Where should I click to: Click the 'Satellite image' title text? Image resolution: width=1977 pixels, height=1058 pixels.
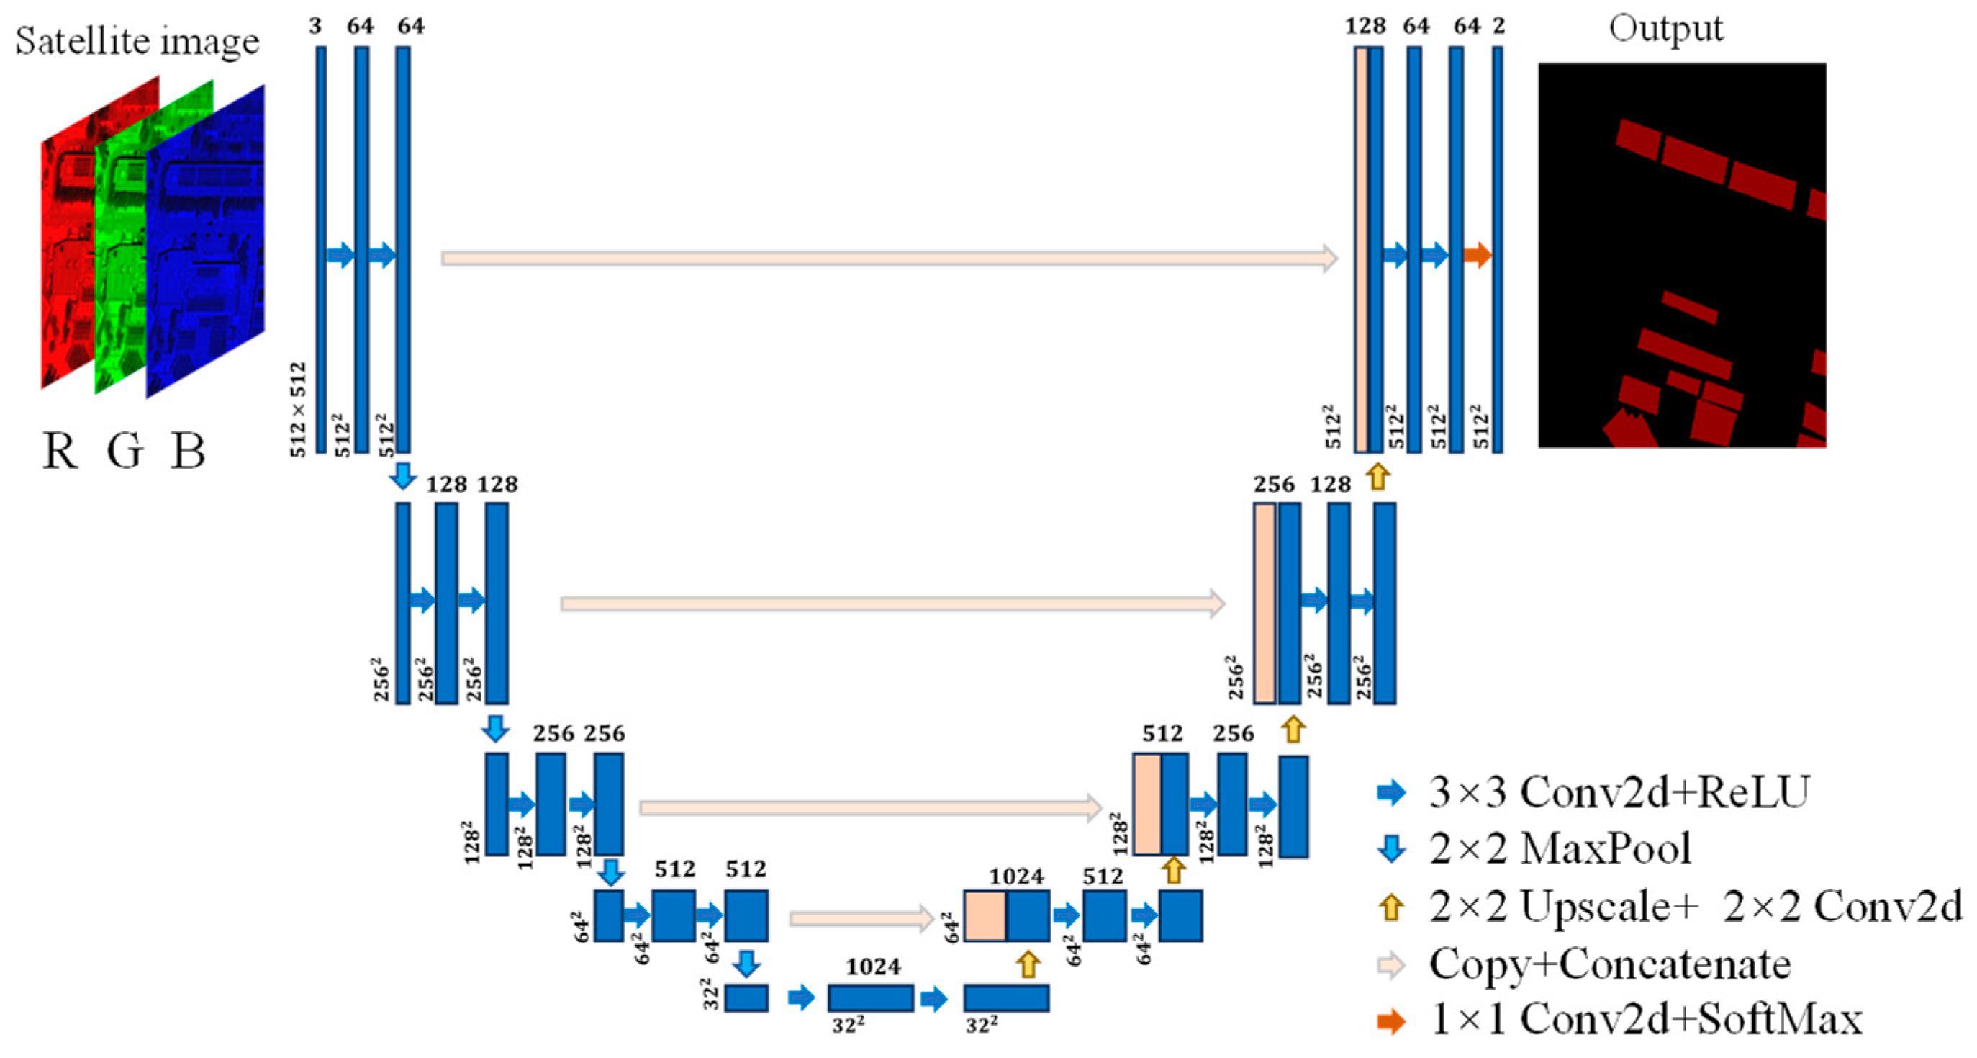137,40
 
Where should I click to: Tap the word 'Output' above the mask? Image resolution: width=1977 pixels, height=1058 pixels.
1665,30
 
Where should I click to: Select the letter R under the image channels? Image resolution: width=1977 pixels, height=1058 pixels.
59,451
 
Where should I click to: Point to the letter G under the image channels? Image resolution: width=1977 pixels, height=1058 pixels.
125,451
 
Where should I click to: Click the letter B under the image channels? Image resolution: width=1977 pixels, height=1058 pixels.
188,451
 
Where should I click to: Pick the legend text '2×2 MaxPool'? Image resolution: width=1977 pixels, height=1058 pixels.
1560,849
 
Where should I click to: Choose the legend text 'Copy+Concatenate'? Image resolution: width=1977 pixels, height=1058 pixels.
1609,964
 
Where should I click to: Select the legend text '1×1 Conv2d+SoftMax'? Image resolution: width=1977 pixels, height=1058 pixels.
1645,1021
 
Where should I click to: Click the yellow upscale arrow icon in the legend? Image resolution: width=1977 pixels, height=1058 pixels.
1391,907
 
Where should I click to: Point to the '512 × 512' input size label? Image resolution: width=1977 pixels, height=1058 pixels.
298,409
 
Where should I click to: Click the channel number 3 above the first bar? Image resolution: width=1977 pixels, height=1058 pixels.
315,26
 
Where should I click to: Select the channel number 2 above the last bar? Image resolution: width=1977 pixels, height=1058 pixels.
1499,26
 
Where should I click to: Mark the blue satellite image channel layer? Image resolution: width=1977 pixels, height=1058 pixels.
206,242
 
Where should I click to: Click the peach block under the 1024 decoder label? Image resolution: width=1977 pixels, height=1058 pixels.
985,916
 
